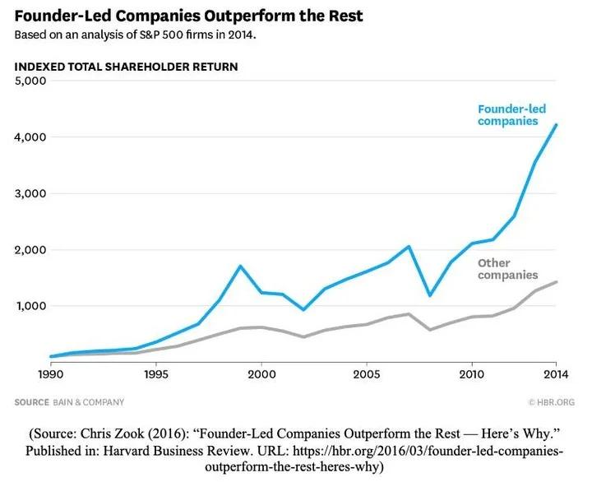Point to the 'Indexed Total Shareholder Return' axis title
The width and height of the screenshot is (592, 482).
[x=127, y=67]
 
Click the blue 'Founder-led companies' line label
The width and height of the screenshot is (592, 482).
[x=508, y=114]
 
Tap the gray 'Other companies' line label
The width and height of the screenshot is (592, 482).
[x=507, y=269]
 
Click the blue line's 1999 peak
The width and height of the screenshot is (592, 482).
[x=240, y=266]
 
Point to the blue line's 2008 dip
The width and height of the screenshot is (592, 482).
[x=430, y=294]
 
